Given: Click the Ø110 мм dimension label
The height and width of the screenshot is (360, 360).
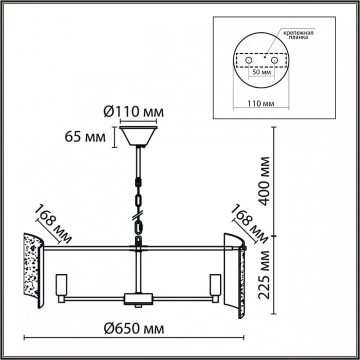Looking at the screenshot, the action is click(x=133, y=112).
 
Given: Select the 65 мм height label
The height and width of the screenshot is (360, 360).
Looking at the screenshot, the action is click(x=85, y=137).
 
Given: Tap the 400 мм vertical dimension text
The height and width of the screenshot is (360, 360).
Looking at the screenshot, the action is click(x=263, y=181).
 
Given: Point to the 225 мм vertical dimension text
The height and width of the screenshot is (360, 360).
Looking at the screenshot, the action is click(x=263, y=275).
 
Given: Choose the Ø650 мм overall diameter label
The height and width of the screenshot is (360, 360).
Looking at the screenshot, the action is click(x=134, y=328).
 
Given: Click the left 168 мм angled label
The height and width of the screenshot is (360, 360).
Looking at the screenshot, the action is click(x=53, y=223).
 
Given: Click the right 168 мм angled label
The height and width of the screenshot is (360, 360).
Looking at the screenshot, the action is click(x=249, y=223).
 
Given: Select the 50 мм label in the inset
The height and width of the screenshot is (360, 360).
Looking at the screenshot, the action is click(x=261, y=72).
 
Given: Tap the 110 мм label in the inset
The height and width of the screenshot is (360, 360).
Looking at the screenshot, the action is click(x=260, y=103).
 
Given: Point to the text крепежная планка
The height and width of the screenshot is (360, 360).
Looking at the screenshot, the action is click(x=298, y=35).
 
